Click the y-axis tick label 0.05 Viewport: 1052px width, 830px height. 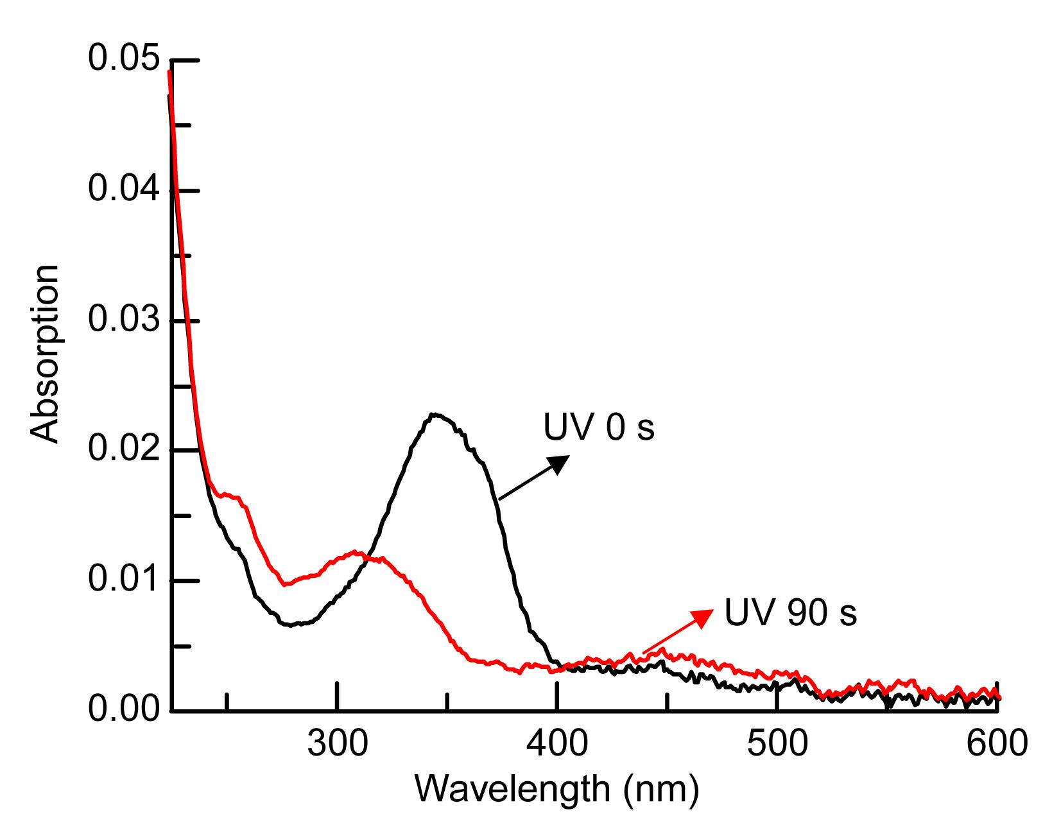(x=123, y=59)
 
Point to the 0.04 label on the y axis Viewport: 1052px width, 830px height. (x=123, y=190)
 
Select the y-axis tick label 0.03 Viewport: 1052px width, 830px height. (x=123, y=320)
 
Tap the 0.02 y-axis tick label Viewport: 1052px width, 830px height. (x=123, y=450)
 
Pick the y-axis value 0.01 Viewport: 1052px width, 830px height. (x=123, y=580)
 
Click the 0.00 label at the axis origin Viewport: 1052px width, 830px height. (x=123, y=710)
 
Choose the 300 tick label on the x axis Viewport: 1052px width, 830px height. (x=337, y=743)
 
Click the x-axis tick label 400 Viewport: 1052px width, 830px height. (x=557, y=743)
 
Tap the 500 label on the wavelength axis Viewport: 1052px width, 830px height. (x=777, y=743)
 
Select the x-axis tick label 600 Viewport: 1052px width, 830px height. (x=997, y=743)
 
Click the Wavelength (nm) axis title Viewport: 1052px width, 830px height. (x=556, y=788)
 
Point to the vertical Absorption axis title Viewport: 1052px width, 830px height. (x=45, y=353)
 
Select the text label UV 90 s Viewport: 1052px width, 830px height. (x=790, y=612)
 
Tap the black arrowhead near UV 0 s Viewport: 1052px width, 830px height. (x=558, y=463)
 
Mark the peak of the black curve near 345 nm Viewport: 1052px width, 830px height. (x=435, y=415)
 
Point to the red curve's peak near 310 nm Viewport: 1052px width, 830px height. (x=354, y=551)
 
